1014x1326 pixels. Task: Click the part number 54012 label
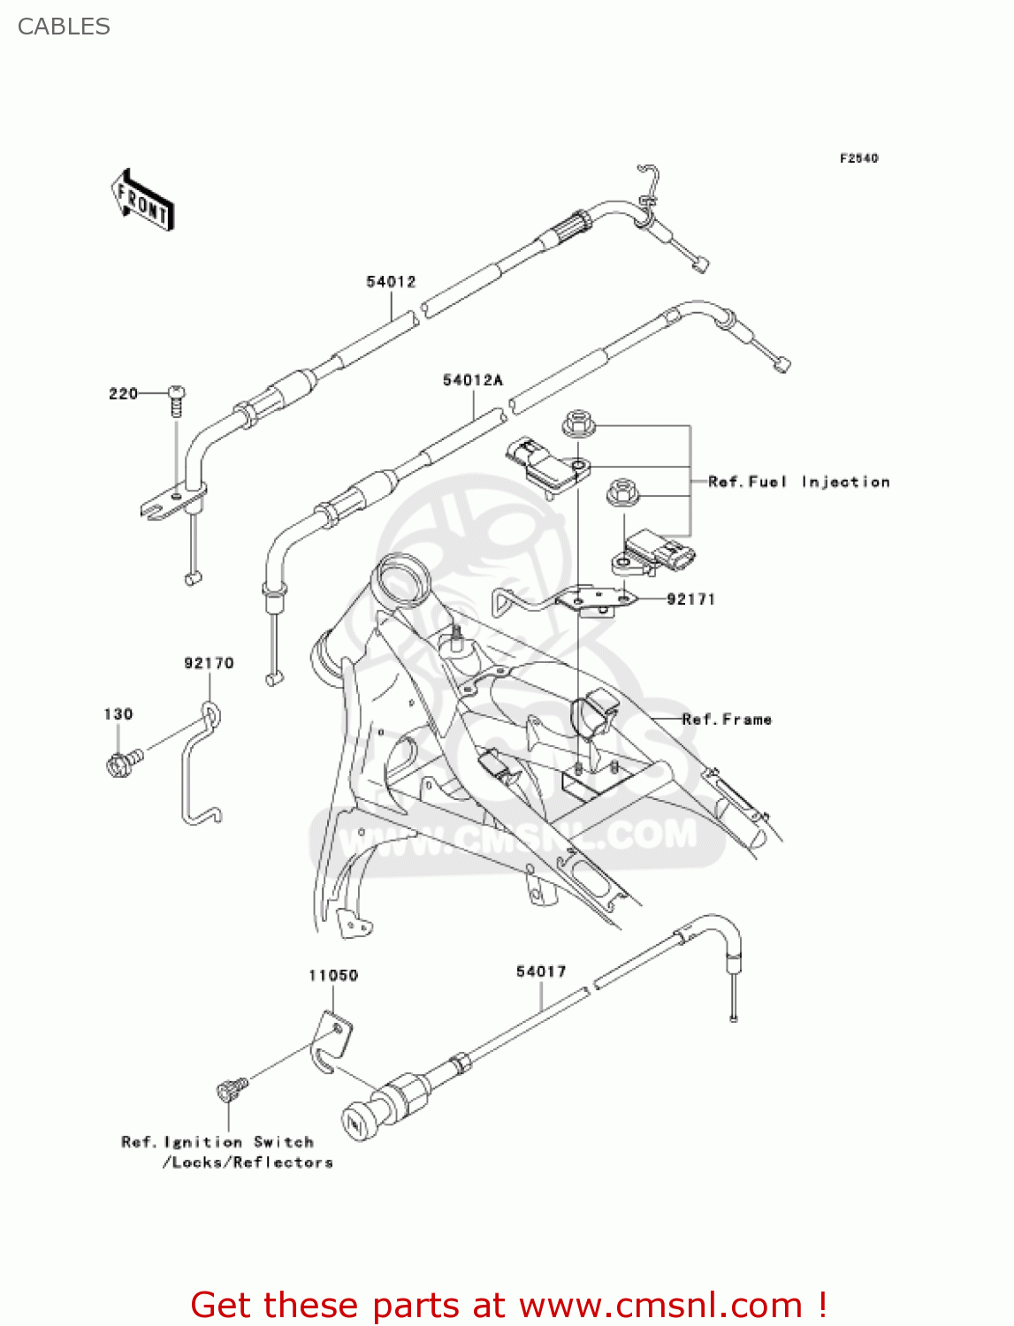point(391,282)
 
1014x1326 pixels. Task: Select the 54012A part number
point(473,380)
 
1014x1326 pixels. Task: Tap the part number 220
point(123,393)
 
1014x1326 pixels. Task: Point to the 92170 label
point(209,663)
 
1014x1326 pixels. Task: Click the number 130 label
point(118,714)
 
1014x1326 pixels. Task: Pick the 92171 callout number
point(690,599)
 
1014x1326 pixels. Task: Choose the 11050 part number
point(333,975)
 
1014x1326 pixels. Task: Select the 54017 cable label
point(541,972)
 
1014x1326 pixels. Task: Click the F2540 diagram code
point(858,158)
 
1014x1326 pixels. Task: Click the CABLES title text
point(64,27)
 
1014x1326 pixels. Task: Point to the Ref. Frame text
point(727,720)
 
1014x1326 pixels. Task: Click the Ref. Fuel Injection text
point(798,482)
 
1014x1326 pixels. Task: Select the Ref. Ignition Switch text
point(217,1142)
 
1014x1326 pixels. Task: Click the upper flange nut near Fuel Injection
point(577,423)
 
